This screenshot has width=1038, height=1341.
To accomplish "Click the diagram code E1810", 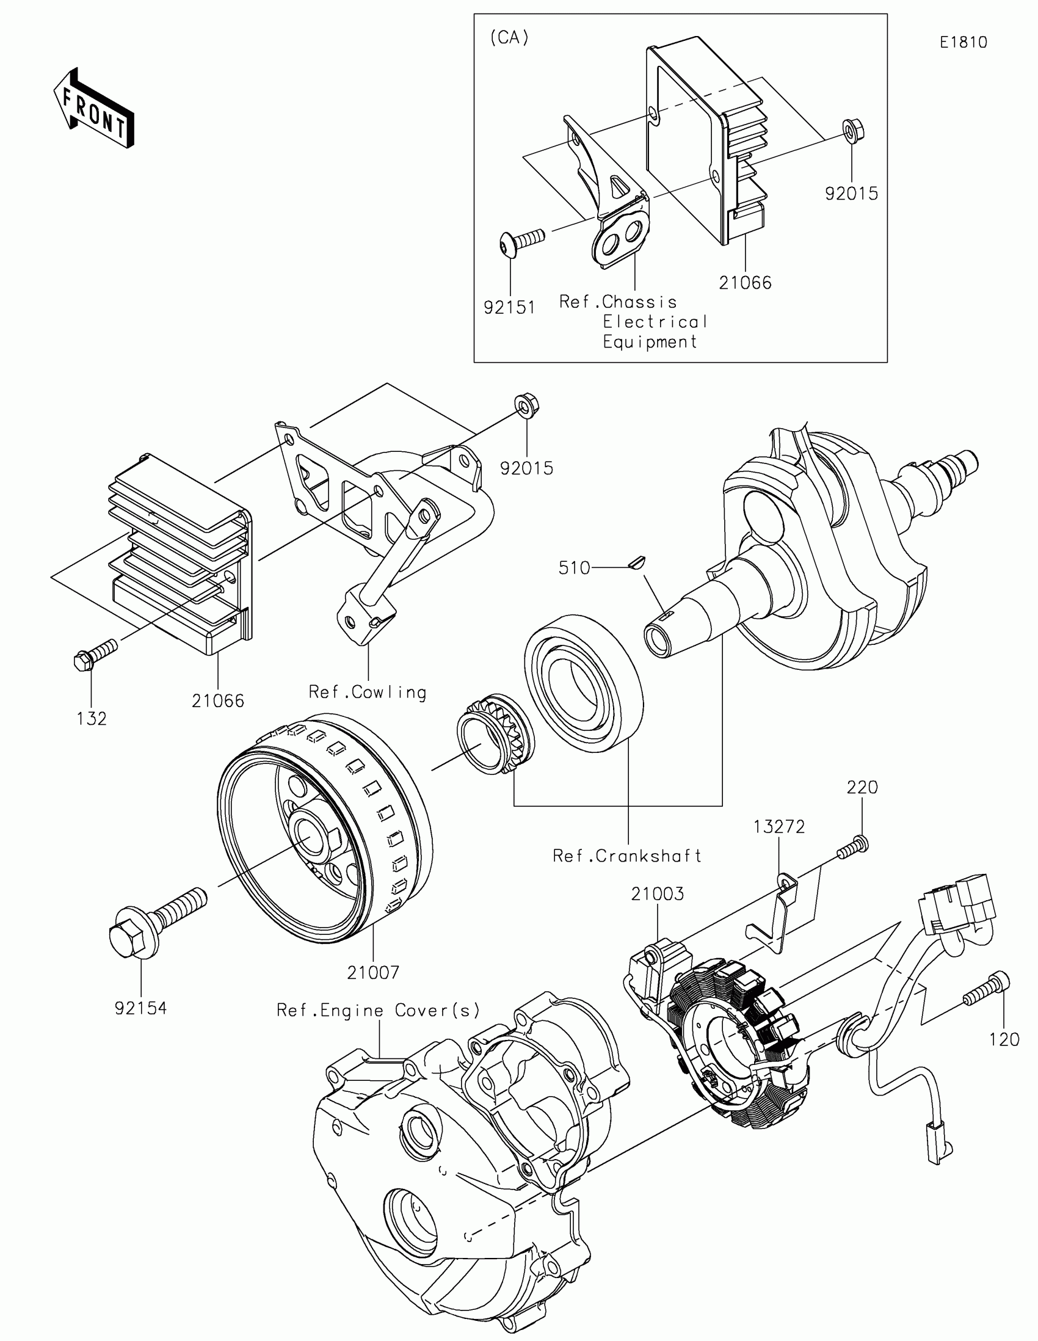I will pyautogui.click(x=963, y=42).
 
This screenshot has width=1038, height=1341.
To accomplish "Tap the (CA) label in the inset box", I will pyautogui.click(x=509, y=38).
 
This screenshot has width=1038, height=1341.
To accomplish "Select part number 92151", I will pyautogui.click(x=509, y=308).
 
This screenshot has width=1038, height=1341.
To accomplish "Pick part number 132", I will pyautogui.click(x=92, y=718).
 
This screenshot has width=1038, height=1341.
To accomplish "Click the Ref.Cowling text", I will pyautogui.click(x=367, y=692).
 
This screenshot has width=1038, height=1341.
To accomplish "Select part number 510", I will pyautogui.click(x=574, y=568).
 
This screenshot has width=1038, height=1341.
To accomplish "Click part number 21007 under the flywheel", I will pyautogui.click(x=373, y=973).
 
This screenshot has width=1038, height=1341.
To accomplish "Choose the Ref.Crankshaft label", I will pyautogui.click(x=626, y=856).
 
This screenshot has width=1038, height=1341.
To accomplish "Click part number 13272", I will pyautogui.click(x=779, y=827).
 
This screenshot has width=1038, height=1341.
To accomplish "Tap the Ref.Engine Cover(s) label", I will pyautogui.click(x=378, y=1011).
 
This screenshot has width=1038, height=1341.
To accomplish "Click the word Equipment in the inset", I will pyautogui.click(x=650, y=342).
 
